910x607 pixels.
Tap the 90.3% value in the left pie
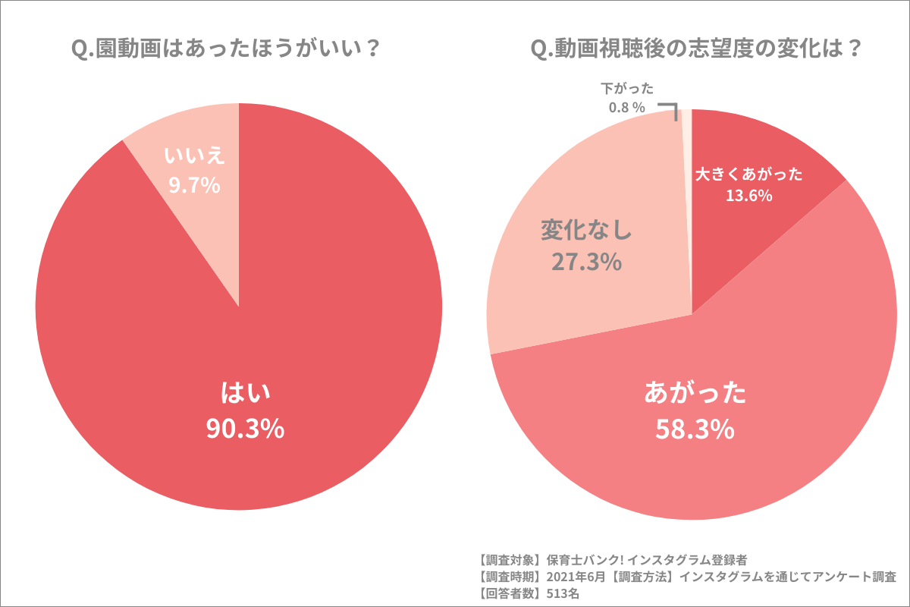[245, 429]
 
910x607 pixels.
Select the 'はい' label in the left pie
[245, 393]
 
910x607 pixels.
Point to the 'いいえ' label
[194, 156]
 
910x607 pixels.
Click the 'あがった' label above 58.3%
[695, 394]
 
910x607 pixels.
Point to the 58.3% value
[695, 429]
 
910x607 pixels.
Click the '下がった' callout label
[626, 90]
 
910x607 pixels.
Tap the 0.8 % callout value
[626, 108]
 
